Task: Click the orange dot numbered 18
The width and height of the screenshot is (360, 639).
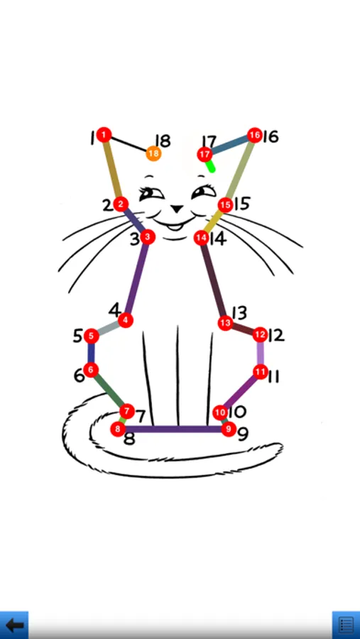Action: [x=153, y=153]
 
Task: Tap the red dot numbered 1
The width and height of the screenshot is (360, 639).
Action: [x=104, y=134]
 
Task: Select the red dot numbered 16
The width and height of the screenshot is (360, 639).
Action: [x=254, y=135]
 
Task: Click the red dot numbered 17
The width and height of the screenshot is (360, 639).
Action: [x=204, y=155]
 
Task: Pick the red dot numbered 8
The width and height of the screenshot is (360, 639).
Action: [x=118, y=429]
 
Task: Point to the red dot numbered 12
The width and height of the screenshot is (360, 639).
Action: [x=260, y=334]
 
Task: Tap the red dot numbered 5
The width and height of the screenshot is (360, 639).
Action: [x=91, y=337]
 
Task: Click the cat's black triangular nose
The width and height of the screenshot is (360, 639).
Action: [x=177, y=209]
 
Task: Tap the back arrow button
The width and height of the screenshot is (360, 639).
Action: [x=14, y=625]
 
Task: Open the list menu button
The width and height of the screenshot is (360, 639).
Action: [x=346, y=625]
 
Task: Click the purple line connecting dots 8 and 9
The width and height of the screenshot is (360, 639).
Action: [x=173, y=429]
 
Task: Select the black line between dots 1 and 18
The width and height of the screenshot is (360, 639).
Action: [x=129, y=144]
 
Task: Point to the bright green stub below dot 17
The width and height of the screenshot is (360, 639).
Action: [x=210, y=166]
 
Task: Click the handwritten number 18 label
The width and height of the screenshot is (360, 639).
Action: [x=163, y=141]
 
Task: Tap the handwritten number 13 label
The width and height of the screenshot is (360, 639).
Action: [x=239, y=312]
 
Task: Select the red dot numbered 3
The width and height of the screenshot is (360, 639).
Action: [x=147, y=236]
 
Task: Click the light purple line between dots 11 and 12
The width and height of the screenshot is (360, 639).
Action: [x=260, y=353]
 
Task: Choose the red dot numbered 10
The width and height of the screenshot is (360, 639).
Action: [x=220, y=413]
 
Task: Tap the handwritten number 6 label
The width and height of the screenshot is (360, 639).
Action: [x=79, y=376]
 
